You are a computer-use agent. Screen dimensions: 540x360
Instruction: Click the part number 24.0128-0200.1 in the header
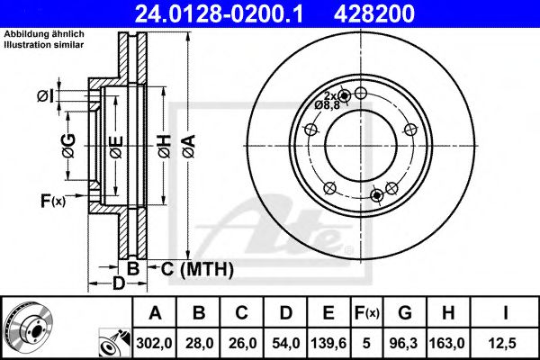pos(219,13)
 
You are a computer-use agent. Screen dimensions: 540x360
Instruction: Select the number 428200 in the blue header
pos(374,13)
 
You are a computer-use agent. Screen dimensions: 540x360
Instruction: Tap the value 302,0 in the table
pos(154,343)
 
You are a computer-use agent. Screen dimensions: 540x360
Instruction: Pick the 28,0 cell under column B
pos(199,343)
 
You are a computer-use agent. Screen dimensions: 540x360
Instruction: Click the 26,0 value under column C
pos(242,343)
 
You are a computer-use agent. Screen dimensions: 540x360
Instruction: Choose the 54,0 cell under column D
pos(286,343)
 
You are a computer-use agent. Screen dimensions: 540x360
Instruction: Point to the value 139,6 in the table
pos(328,343)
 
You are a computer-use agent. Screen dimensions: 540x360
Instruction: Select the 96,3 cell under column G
pos(405,343)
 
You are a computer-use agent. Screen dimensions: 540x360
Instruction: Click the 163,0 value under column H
pos(448,343)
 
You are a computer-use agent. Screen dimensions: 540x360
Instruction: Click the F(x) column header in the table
pos(367,313)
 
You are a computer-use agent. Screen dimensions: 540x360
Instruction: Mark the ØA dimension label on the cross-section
pos(189,146)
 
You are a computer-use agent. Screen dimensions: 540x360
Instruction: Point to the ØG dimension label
pos(69,146)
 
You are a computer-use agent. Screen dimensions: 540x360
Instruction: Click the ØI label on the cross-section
pos(46,96)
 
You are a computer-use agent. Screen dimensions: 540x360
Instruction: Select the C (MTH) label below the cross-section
pos(197,269)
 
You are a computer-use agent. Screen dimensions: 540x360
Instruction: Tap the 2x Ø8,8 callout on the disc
pos(328,101)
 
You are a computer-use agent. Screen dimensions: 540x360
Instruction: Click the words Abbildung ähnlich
pos(44,34)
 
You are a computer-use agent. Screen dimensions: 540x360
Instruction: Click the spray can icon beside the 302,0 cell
pos(114,343)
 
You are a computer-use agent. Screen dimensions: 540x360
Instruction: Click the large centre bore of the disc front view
pos(361,146)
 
